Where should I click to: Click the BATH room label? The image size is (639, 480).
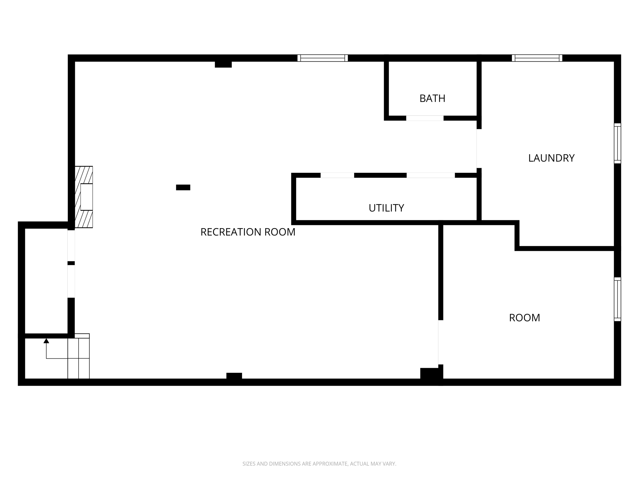(x=432, y=98)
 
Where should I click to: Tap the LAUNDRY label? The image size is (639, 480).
(x=551, y=158)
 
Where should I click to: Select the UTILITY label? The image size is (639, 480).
(x=386, y=208)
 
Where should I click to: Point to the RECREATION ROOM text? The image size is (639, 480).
(x=248, y=232)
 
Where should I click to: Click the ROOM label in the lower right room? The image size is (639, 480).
(x=524, y=317)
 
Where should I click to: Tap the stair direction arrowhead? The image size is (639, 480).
(x=46, y=341)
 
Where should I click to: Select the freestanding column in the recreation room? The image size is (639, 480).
(x=183, y=187)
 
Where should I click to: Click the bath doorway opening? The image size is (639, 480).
(x=425, y=118)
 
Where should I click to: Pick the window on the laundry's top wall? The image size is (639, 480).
(x=537, y=58)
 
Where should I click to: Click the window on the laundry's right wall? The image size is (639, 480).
(x=617, y=143)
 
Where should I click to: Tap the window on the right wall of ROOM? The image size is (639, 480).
(x=617, y=299)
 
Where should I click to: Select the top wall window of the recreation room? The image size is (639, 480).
(x=322, y=58)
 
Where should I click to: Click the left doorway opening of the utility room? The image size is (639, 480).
(x=337, y=175)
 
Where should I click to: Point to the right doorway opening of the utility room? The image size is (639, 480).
(x=431, y=175)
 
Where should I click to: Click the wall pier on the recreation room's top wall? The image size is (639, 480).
(x=223, y=64)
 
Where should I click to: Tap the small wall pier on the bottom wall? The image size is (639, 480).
(x=234, y=376)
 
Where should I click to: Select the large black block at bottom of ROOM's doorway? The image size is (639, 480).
(x=431, y=374)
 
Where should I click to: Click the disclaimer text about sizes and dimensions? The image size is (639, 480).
(x=319, y=464)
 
